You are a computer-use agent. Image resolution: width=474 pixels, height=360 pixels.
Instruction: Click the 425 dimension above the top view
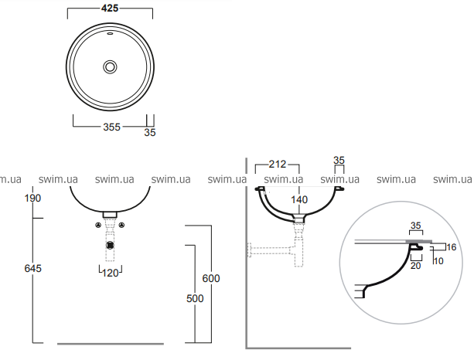tap(110, 8)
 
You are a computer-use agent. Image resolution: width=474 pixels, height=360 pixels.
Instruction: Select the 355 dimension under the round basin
tap(111, 127)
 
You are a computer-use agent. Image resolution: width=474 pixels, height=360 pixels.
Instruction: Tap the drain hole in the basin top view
tap(110, 66)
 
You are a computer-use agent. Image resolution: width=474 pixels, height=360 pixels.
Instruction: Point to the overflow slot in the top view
tap(110, 33)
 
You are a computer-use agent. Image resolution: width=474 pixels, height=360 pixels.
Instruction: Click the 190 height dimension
tap(32, 198)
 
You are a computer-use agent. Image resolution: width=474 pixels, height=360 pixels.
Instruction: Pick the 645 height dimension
tap(32, 268)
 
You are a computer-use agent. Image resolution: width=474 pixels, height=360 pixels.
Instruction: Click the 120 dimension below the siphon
tap(111, 273)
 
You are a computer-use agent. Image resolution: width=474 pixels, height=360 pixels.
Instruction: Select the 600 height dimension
tap(211, 278)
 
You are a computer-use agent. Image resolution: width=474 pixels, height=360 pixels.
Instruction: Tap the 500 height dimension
tap(195, 298)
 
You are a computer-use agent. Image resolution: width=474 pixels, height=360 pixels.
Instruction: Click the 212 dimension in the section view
tap(277, 164)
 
